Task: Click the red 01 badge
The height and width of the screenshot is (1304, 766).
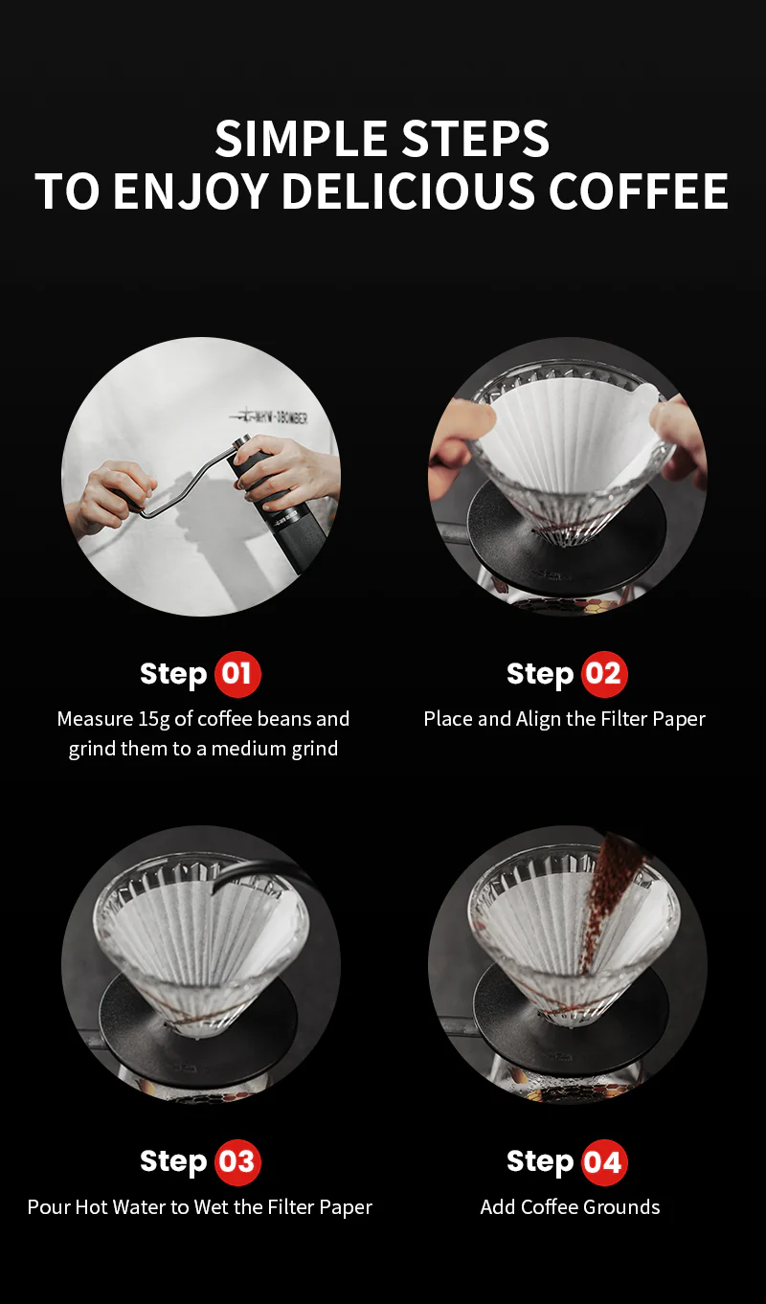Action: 237,674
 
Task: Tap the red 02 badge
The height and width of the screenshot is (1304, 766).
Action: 603,674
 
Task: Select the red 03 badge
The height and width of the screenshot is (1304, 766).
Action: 237,1161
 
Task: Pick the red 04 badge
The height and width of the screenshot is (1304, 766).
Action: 603,1161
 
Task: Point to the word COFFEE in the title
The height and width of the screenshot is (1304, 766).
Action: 638,191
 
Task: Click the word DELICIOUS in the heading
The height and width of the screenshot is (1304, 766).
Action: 408,191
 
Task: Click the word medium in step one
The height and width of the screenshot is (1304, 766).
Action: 251,749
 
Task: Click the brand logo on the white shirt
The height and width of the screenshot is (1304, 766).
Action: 269,417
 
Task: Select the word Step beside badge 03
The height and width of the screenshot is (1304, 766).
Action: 173,1161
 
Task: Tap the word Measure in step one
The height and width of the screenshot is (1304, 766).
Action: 95,719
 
